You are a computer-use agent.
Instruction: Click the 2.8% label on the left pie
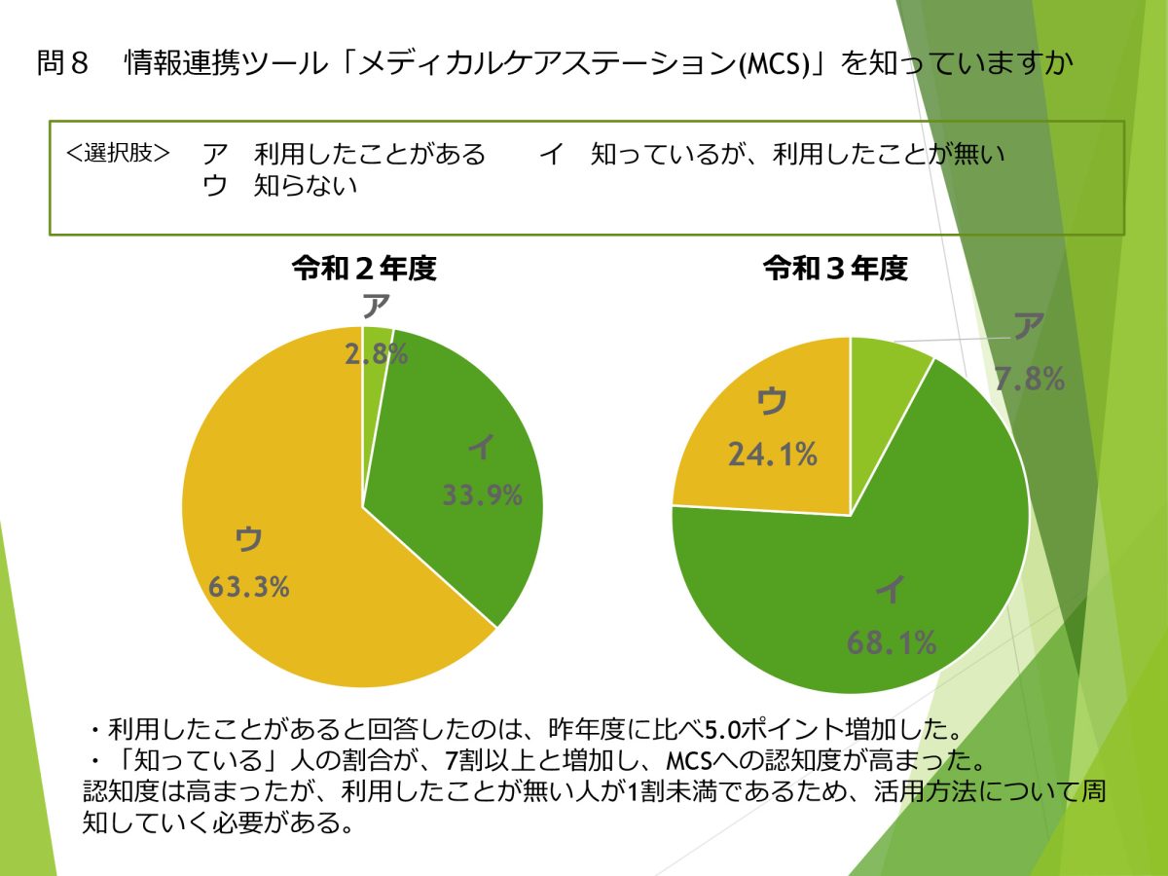(x=376, y=355)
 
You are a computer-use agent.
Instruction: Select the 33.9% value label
(x=483, y=495)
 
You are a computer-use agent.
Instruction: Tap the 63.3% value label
(x=249, y=588)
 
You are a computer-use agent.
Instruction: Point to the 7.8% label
(x=1029, y=380)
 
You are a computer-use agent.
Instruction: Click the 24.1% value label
(x=772, y=454)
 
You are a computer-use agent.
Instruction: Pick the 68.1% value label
(x=892, y=642)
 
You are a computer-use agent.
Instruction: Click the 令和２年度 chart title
(x=364, y=270)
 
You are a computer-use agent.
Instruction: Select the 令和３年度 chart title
(x=835, y=270)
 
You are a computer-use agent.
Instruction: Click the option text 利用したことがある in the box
(x=369, y=154)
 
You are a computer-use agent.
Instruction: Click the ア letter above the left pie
(x=377, y=308)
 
